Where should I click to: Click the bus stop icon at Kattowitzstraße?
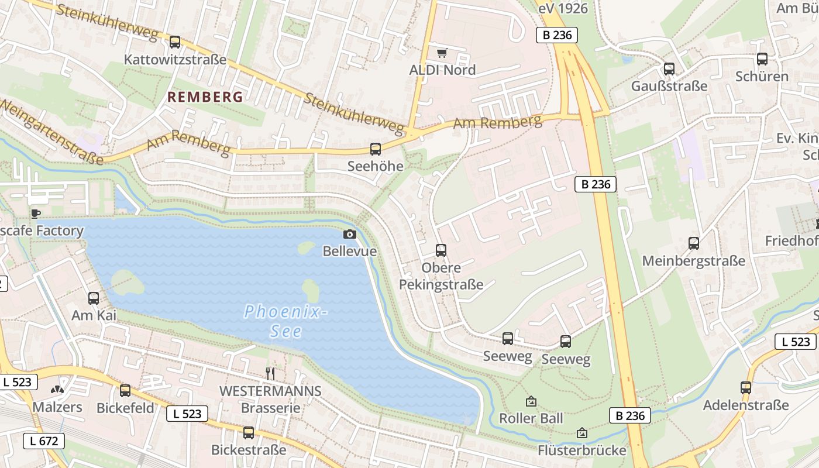click(174, 42)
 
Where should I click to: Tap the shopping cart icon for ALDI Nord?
click(442, 53)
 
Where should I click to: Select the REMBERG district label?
click(205, 97)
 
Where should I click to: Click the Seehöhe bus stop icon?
click(376, 149)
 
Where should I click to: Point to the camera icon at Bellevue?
click(349, 235)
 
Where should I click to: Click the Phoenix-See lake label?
click(285, 321)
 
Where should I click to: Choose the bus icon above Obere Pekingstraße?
click(441, 250)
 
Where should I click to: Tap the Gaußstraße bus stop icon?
click(669, 69)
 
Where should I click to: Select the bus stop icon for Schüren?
click(762, 59)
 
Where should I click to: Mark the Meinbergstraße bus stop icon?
click(694, 243)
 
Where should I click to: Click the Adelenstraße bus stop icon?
click(745, 388)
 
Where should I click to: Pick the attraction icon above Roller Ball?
click(531, 401)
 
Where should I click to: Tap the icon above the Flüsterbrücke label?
click(581, 433)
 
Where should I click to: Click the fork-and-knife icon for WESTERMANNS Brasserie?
click(270, 373)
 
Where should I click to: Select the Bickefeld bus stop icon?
click(125, 391)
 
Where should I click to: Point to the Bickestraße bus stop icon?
click(249, 433)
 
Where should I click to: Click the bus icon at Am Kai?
click(94, 298)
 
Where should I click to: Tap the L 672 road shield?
click(44, 441)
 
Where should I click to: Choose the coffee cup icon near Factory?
click(36, 214)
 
